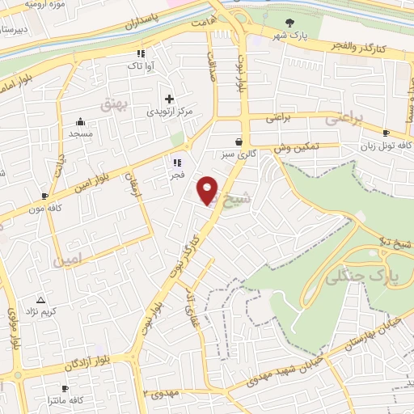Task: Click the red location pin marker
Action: click(209, 190)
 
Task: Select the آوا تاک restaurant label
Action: click(141, 65)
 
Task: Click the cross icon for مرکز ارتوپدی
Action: click(169, 98)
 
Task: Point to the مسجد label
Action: click(81, 133)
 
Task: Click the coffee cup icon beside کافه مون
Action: click(44, 196)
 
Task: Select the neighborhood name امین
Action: click(67, 261)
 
